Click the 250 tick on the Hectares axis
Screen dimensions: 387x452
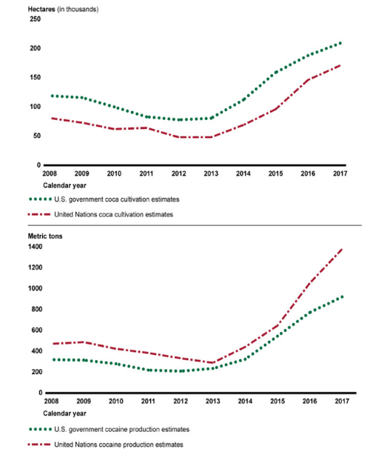pyautogui.click(x=35, y=19)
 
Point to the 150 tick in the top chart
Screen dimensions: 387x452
pyautogui.click(x=35, y=78)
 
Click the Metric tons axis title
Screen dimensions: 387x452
pyautogui.click(x=45, y=236)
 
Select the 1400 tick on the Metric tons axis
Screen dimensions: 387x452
pyautogui.click(x=35, y=247)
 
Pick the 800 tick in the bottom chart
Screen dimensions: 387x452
pyautogui.click(x=36, y=309)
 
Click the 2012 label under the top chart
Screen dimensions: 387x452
pyautogui.click(x=179, y=173)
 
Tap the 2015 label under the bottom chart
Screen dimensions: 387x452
pyautogui.click(x=277, y=402)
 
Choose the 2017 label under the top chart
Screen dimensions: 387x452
pyautogui.click(x=340, y=173)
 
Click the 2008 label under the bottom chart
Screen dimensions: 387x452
pyautogui.click(x=51, y=402)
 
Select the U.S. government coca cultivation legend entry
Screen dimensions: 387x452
pyautogui.click(x=104, y=199)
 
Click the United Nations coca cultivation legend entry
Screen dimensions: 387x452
pyautogui.click(x=101, y=214)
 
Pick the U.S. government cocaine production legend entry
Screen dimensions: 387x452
pyautogui.click(x=109, y=430)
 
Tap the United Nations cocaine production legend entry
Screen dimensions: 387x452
pyautogui.click(x=105, y=445)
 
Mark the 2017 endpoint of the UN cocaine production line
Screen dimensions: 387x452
pyautogui.click(x=342, y=249)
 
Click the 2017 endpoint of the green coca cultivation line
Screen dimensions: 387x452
pyautogui.click(x=340, y=43)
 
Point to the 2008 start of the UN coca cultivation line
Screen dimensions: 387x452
pyautogui.click(x=52, y=119)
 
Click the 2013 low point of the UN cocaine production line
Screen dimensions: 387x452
pyautogui.click(x=213, y=362)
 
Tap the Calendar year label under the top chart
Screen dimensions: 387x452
pyautogui.click(x=64, y=186)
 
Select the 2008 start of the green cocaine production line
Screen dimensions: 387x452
pyautogui.click(x=54, y=360)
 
